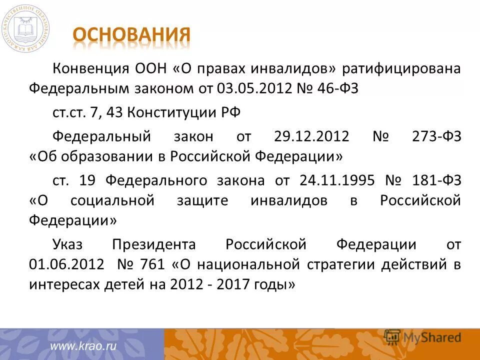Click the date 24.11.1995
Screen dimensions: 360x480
(x=337, y=179)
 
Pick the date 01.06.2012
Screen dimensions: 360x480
(x=67, y=264)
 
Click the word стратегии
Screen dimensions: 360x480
(x=340, y=264)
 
